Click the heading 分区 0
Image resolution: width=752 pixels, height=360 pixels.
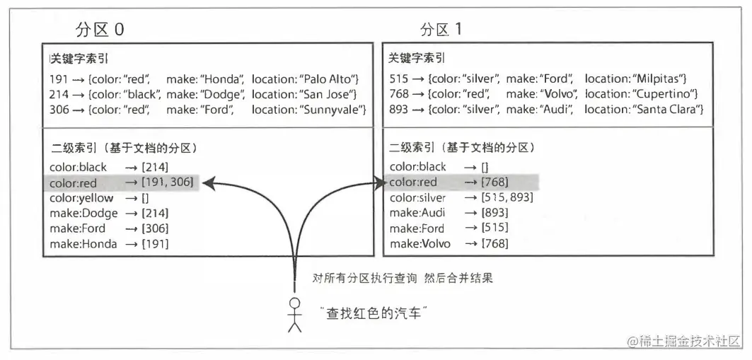coord(100,30)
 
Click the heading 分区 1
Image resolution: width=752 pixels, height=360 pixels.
coord(441,30)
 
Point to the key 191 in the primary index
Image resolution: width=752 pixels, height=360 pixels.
coord(59,78)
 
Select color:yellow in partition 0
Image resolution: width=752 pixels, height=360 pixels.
coord(81,198)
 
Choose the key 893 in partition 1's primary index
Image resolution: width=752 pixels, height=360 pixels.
coord(398,110)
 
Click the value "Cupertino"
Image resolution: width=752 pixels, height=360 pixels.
coord(663,93)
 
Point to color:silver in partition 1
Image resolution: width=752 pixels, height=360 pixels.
coord(418,198)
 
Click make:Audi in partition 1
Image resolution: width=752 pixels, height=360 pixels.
coord(417,213)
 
